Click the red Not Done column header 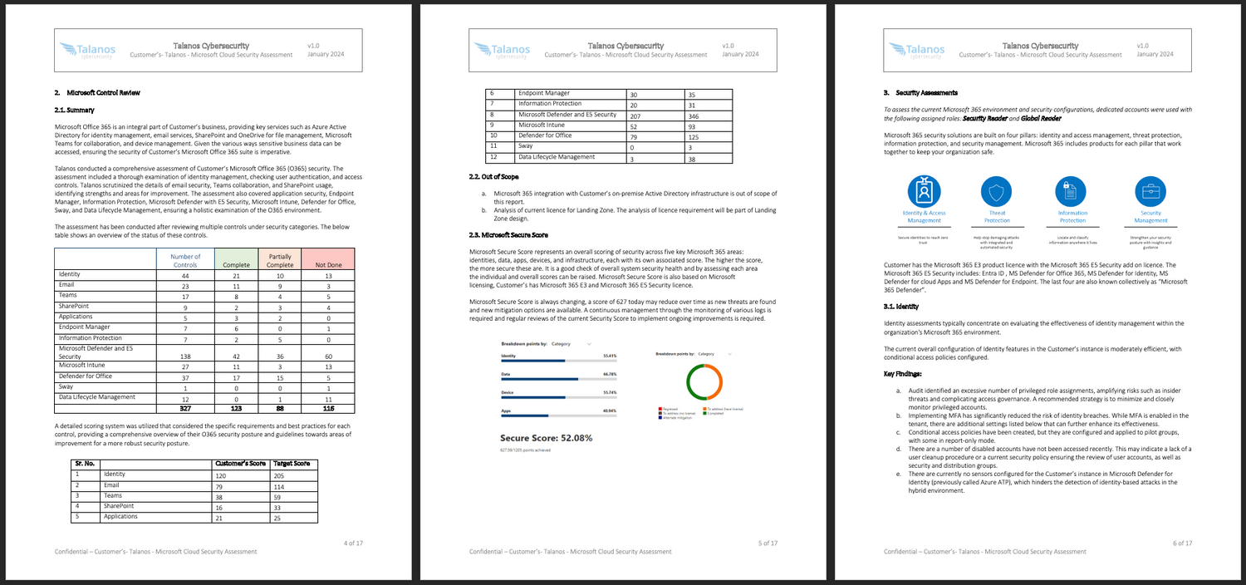pos(328,265)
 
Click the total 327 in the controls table pos(185,408)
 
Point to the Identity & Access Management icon pos(924,191)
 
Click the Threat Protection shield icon pos(997,191)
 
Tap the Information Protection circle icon pos(1072,191)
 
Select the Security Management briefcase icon pos(1150,191)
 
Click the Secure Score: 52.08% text pos(546,437)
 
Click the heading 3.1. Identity pos(900,307)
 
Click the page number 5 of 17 pos(768,543)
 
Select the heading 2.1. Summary pos(74,109)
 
